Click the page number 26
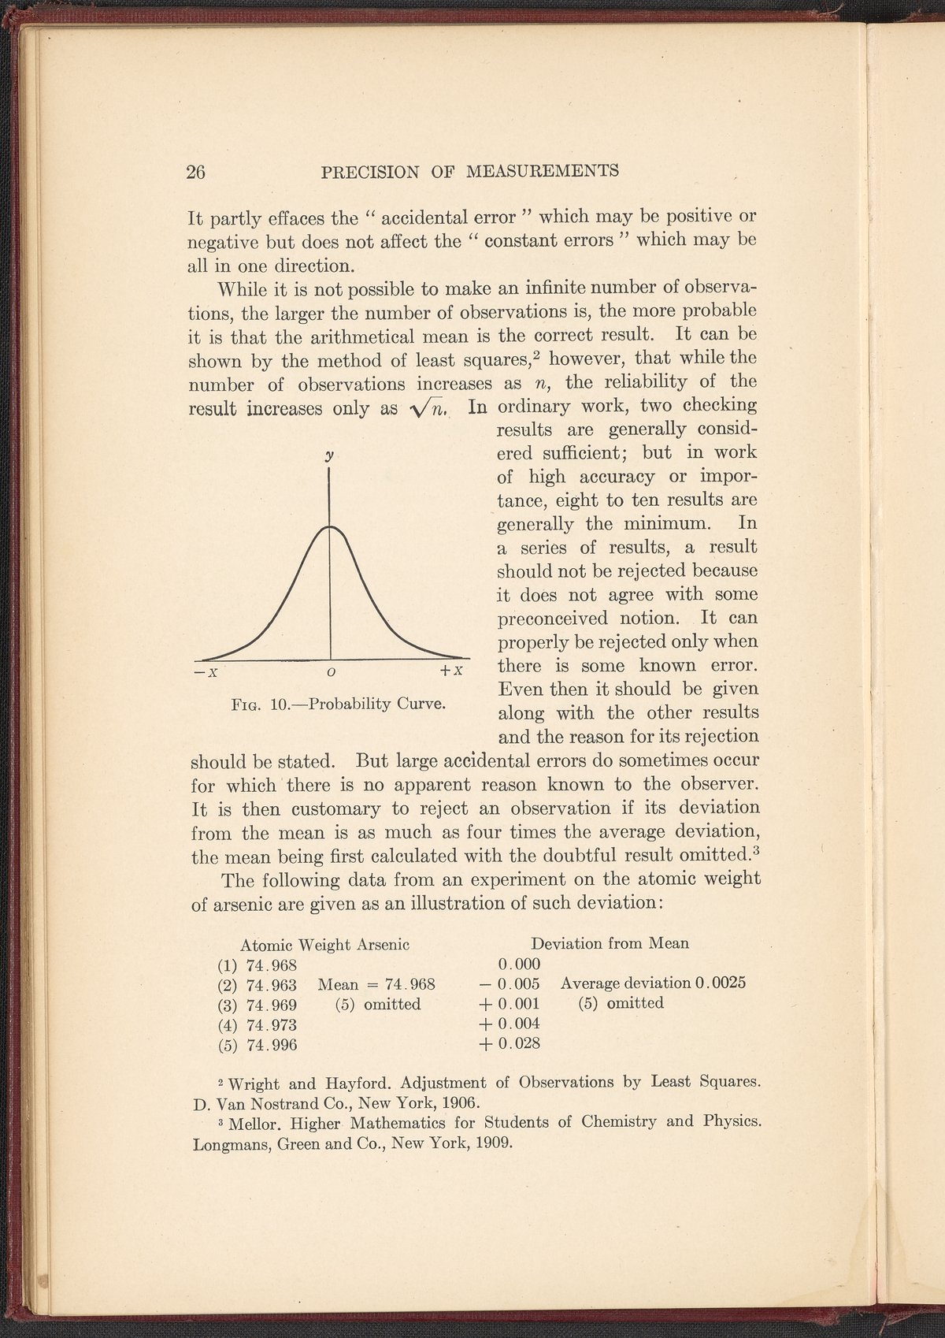(196, 172)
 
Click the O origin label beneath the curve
(331, 672)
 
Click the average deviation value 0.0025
(721, 983)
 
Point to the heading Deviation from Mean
(610, 943)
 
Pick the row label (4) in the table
(228, 1024)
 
